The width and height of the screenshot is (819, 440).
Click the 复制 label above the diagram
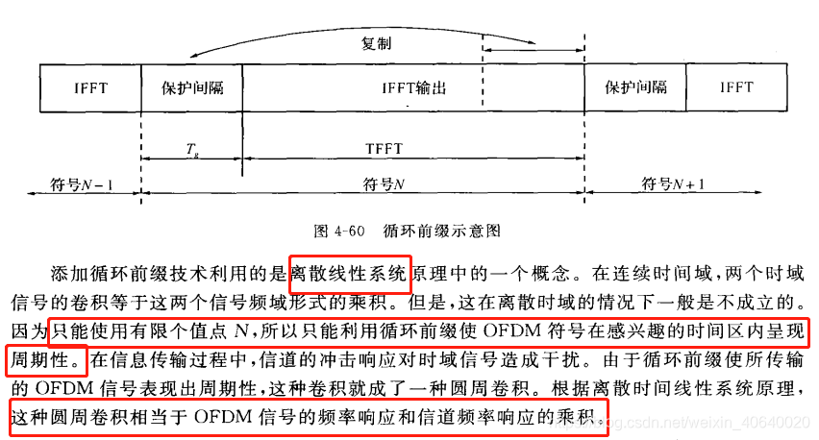click(376, 44)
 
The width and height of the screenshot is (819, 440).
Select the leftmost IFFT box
click(91, 87)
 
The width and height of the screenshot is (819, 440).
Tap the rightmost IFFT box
click(736, 87)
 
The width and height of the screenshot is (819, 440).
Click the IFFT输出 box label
click(414, 88)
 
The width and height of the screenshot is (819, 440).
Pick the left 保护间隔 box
click(192, 87)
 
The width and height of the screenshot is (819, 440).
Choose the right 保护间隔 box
click(635, 87)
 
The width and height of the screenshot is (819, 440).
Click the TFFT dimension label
click(384, 149)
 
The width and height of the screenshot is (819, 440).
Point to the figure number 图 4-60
click(336, 231)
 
